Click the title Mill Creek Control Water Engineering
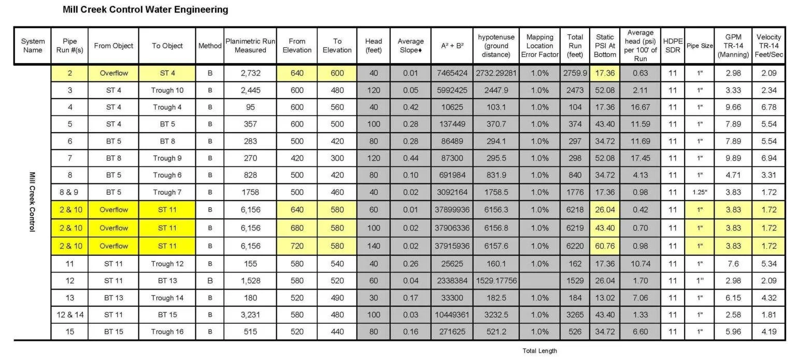[x=145, y=10]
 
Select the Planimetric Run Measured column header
[x=250, y=46]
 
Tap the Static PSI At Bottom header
[x=604, y=46]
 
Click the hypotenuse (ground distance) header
[x=496, y=46]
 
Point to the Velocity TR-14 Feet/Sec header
[x=769, y=46]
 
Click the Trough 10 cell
[x=167, y=91]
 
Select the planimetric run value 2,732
[x=250, y=74]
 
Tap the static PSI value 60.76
[x=604, y=246]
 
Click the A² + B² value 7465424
[x=451, y=74]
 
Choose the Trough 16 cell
[x=167, y=332]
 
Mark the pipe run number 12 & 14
[x=69, y=315]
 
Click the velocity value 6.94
[x=769, y=159]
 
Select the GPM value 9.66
[x=733, y=108]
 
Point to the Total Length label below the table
[x=539, y=351]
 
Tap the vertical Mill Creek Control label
[x=32, y=202]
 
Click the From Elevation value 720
[x=297, y=246]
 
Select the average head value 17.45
[x=640, y=159]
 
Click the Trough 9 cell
[x=167, y=159]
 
